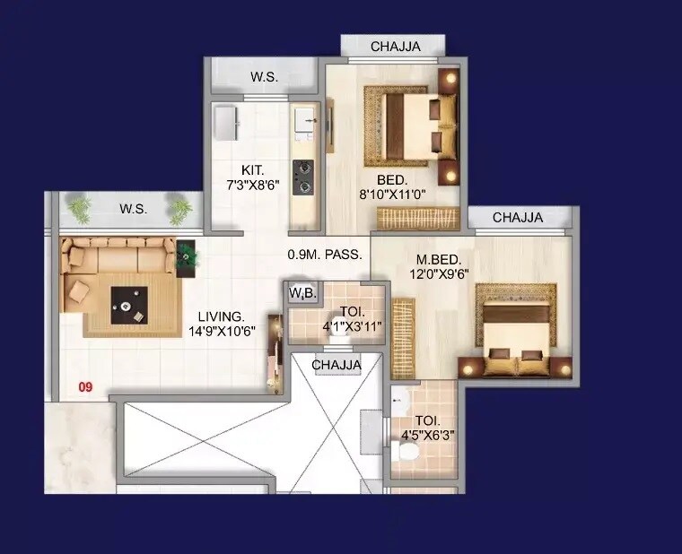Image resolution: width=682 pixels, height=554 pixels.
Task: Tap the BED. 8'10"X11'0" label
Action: (391, 186)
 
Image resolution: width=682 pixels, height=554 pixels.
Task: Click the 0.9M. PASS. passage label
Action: (325, 254)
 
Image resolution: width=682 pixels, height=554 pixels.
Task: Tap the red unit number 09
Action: (85, 388)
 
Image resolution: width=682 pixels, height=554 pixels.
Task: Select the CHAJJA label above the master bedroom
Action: (518, 218)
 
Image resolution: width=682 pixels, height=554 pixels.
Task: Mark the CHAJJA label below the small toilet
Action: (337, 365)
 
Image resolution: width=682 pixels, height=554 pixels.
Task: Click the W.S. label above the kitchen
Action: (263, 77)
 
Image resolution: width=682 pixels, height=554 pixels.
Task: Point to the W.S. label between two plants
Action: (133, 209)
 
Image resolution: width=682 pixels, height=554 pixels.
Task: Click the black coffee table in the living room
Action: (129, 305)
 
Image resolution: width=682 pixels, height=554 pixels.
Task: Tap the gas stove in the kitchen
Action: (304, 177)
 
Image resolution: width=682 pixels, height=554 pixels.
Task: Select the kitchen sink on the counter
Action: (305, 117)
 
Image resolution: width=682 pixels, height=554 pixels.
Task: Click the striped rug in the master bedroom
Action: (404, 338)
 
